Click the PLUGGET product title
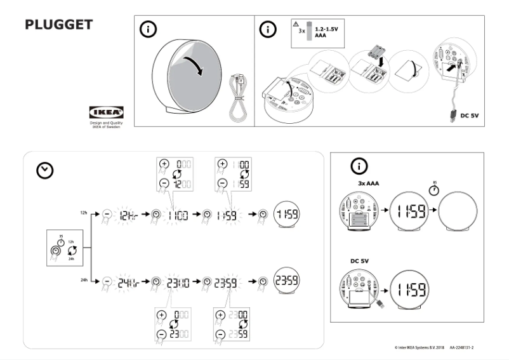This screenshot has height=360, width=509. pyautogui.click(x=59, y=25)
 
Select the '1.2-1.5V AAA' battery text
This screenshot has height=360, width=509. pyautogui.click(x=326, y=33)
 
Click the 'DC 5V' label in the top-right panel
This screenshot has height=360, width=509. pyautogui.click(x=470, y=116)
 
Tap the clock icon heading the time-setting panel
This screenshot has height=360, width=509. pyautogui.click(x=45, y=170)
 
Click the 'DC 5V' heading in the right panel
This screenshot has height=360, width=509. pyautogui.click(x=359, y=260)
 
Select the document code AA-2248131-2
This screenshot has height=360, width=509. pyautogui.click(x=471, y=348)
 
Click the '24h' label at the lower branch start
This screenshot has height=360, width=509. pyautogui.click(x=84, y=280)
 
